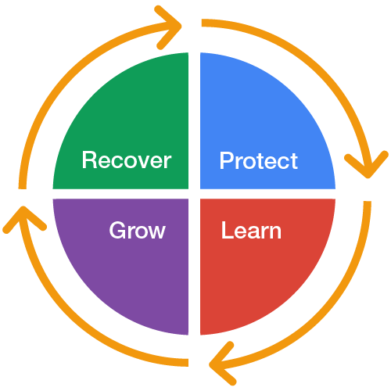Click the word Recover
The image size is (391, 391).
(x=127, y=160)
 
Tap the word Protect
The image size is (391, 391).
(x=259, y=160)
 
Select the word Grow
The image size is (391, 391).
(x=138, y=231)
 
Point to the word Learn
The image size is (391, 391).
(x=251, y=230)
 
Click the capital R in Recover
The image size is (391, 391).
(x=89, y=160)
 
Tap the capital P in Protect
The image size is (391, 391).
(x=227, y=160)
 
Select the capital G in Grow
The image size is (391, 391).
(x=117, y=230)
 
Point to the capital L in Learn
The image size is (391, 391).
(x=228, y=230)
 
